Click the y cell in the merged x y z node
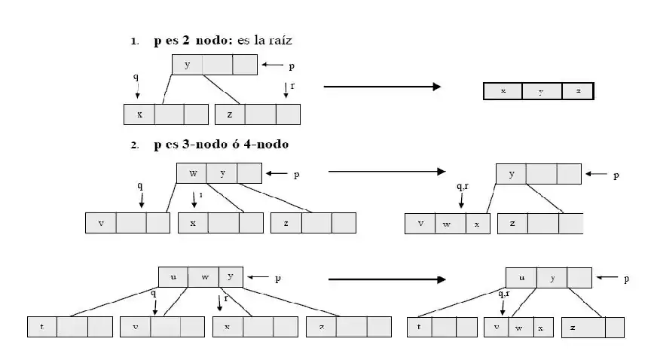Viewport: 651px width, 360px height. pos(541,91)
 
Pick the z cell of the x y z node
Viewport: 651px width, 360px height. pos(578,91)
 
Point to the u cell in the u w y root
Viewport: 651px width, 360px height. pos(173,276)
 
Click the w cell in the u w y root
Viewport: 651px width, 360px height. pos(204,276)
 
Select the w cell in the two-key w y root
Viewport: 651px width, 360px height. pos(193,173)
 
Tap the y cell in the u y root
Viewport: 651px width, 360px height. pos(552,278)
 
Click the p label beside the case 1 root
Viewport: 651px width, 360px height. pos(292,66)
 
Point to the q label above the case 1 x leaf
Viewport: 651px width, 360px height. pos(136,77)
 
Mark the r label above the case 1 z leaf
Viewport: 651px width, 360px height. pos(292,85)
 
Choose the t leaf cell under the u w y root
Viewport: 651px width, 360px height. pos(41,327)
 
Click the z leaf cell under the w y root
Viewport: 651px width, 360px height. pos(286,223)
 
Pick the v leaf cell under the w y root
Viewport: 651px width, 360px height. pos(101,223)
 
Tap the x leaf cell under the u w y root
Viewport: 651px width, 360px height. pos(227,327)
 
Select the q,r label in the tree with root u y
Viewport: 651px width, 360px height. pos(504,294)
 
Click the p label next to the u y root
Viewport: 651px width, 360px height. pos(626,279)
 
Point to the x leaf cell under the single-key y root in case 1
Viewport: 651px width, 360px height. pos(139,114)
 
